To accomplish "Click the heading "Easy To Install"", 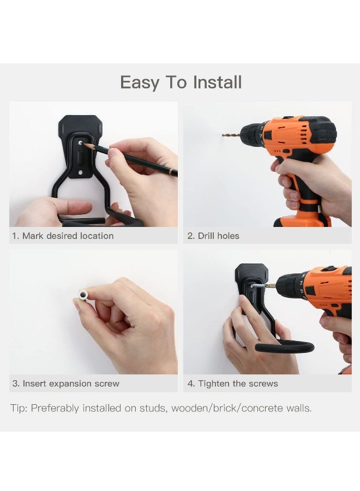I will [x=181, y=82].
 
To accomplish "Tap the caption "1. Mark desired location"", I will [x=63, y=236].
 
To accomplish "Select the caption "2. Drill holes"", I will [x=213, y=236].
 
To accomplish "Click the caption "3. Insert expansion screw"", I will [x=66, y=384].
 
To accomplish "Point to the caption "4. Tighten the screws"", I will [x=232, y=384].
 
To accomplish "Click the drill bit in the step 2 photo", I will [x=231, y=134].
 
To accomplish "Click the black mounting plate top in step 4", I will [x=251, y=271].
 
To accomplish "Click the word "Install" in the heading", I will [x=216, y=82].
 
